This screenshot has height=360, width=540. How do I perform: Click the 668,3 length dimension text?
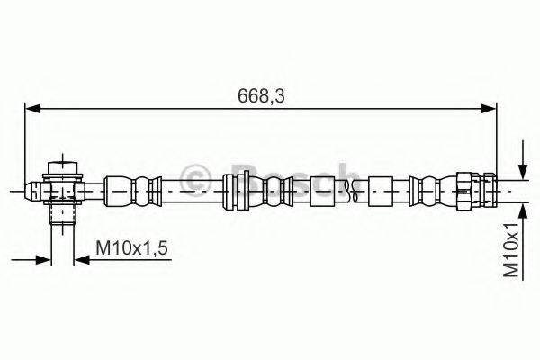260,94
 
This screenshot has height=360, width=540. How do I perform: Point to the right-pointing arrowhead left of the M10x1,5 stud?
45,261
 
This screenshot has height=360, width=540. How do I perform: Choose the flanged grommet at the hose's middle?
237,189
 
